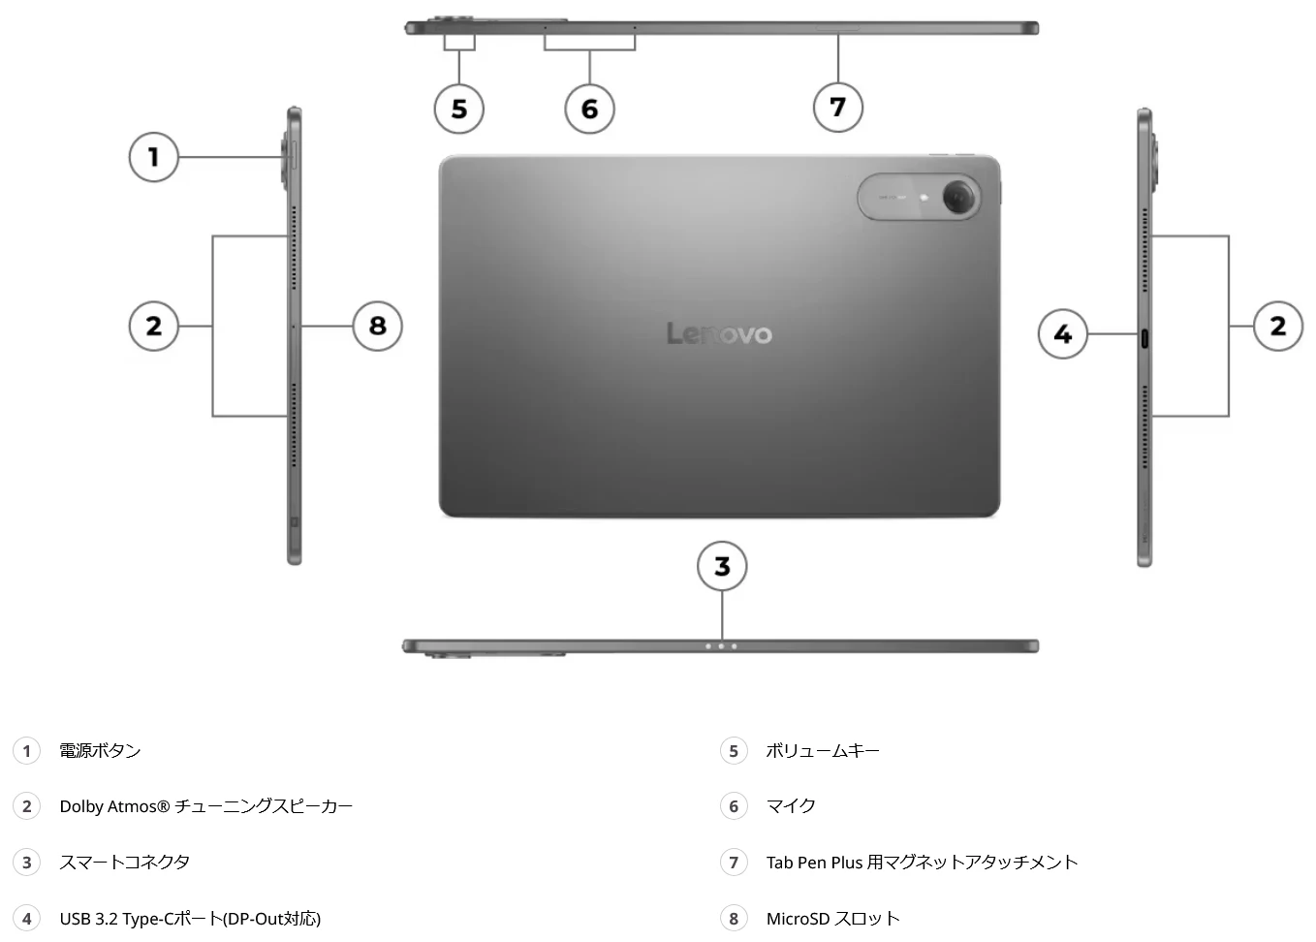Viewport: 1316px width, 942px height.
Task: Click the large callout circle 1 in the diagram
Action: (153, 157)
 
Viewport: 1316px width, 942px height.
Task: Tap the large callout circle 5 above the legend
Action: (459, 109)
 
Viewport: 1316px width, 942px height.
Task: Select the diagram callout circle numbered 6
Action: (589, 109)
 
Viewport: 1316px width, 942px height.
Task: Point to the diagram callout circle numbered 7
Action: (838, 107)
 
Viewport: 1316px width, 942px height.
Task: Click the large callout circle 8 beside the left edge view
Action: (377, 326)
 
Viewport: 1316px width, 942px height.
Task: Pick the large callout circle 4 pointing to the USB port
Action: (1063, 334)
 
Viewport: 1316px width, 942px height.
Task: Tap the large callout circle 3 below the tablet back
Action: (722, 567)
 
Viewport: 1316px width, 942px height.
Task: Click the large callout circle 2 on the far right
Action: (1278, 326)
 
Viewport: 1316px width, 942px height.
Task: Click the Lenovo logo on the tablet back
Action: (719, 334)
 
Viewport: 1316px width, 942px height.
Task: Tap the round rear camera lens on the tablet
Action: (959, 197)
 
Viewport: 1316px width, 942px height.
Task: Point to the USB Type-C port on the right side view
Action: (1145, 339)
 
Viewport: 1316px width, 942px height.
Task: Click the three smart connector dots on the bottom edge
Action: (721, 646)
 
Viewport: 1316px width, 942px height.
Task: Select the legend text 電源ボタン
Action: (100, 751)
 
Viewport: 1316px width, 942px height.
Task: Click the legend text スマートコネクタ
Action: (124, 863)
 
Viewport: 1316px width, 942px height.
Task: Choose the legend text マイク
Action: (791, 806)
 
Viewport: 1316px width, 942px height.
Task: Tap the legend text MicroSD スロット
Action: (832, 919)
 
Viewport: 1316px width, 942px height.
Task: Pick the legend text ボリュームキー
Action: (823, 751)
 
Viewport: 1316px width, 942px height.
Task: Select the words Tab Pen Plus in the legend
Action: (814, 863)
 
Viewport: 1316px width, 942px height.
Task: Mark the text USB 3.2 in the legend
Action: (88, 919)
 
